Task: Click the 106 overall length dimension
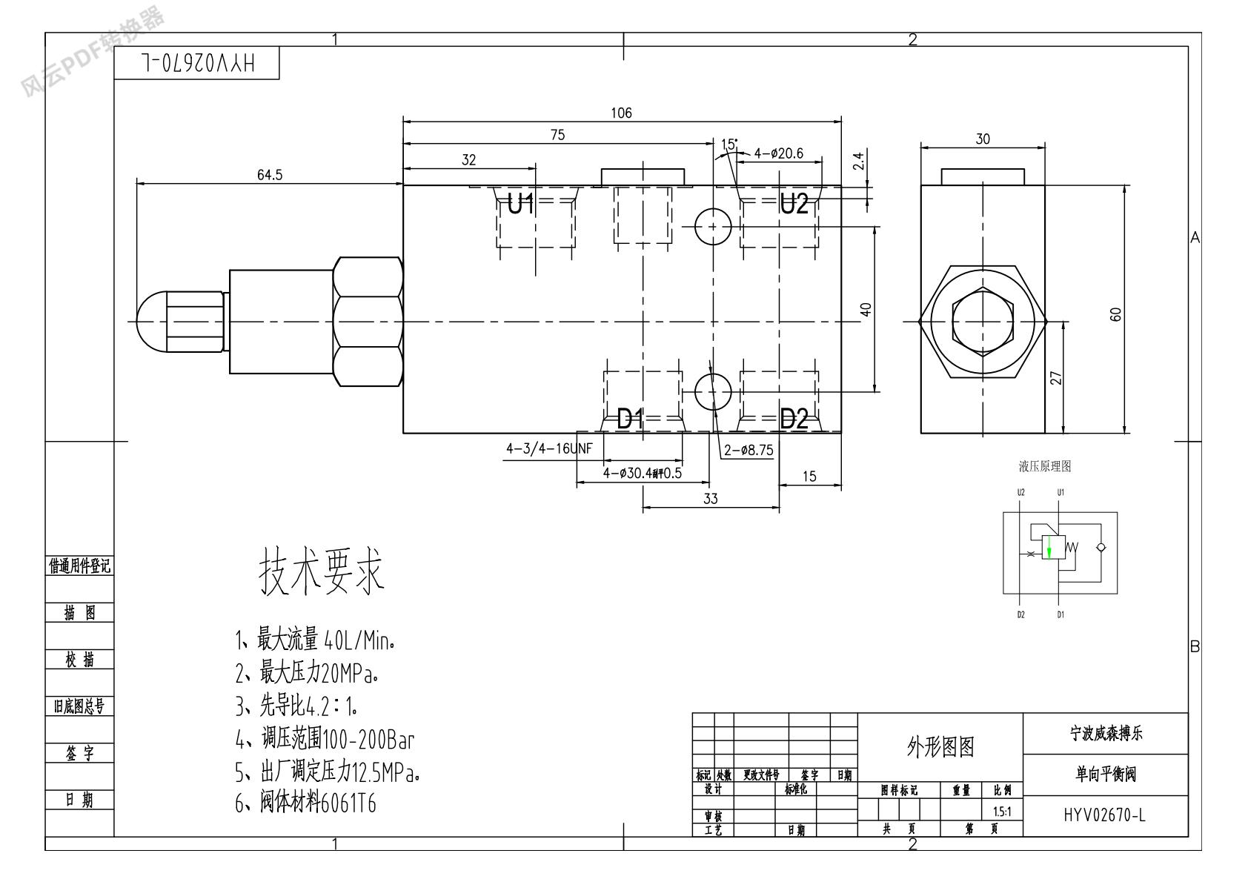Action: tap(621, 113)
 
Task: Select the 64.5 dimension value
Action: tap(270, 175)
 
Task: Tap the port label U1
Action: tap(521, 204)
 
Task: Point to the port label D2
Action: tap(794, 420)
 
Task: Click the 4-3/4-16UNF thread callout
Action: tap(540, 448)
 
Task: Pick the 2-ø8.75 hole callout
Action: tap(749, 450)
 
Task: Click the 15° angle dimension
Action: tap(729, 144)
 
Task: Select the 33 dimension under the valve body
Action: tap(710, 499)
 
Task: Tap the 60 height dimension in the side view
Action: tap(1116, 314)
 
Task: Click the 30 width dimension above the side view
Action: tap(983, 139)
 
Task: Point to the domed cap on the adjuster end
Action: tap(153, 322)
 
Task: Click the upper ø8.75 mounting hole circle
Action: tap(713, 226)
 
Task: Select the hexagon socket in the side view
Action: tap(983, 322)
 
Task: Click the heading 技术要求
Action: tap(322, 572)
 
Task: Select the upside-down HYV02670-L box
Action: tap(197, 64)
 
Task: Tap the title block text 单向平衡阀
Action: tap(1105, 775)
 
